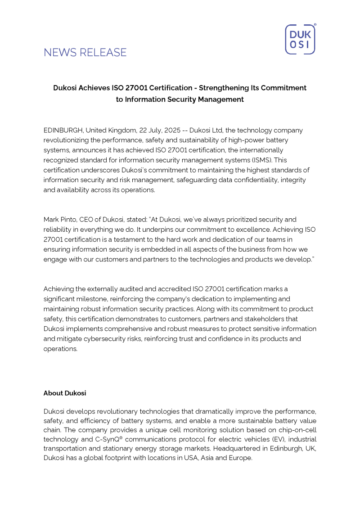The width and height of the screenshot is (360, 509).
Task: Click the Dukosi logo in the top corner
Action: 300,40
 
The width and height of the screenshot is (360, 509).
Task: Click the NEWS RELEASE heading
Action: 85,53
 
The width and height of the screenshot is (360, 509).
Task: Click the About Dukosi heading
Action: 65,393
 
